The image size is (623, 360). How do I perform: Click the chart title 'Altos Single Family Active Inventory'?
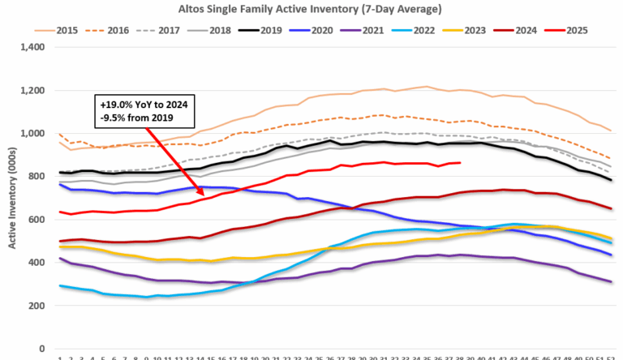[311, 9]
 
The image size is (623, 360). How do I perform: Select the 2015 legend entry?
[58, 31]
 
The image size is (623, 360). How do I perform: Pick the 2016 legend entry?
[110, 31]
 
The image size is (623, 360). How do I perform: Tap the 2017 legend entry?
[161, 31]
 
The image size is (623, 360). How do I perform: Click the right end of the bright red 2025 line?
[461, 163]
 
